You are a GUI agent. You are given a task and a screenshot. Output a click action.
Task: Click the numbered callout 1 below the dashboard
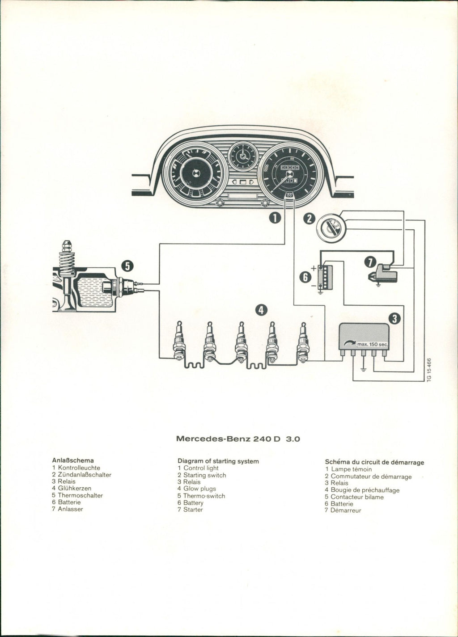tap(275, 218)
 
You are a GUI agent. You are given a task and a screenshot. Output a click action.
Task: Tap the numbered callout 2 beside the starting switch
tap(309, 219)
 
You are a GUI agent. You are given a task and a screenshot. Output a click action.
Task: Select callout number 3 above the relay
tap(394, 318)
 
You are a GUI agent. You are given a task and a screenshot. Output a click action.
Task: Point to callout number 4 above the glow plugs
tap(261, 309)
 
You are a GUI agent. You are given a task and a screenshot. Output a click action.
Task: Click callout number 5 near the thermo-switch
tap(127, 266)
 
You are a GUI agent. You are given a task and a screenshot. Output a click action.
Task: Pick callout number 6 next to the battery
tap(306, 278)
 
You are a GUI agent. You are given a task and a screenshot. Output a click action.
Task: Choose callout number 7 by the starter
tap(369, 262)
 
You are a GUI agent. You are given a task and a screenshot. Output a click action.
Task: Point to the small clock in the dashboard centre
tap(243, 156)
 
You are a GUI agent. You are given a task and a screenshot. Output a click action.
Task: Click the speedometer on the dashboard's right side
tap(290, 172)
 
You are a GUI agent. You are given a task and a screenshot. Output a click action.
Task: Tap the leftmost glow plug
tap(179, 341)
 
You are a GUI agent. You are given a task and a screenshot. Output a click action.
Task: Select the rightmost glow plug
tap(304, 341)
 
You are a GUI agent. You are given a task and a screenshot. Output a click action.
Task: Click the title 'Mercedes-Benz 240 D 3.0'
tap(238, 439)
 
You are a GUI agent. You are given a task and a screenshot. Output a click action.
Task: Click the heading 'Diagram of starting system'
tap(218, 461)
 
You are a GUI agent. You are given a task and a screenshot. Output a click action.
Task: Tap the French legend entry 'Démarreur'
tap(345, 510)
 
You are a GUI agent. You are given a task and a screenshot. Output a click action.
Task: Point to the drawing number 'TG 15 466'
tap(429, 369)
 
